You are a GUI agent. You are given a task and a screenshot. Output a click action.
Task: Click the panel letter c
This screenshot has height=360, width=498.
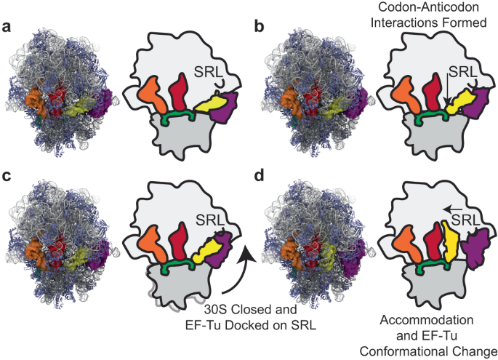(7, 193)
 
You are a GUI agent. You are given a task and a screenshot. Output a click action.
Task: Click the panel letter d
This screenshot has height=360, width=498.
(260, 193)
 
